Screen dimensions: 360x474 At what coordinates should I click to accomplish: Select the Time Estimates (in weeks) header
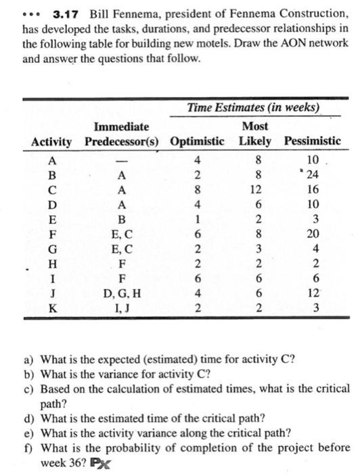pyautogui.click(x=253, y=108)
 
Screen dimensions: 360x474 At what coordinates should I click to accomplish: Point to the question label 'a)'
pyautogui.click(x=28, y=359)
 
